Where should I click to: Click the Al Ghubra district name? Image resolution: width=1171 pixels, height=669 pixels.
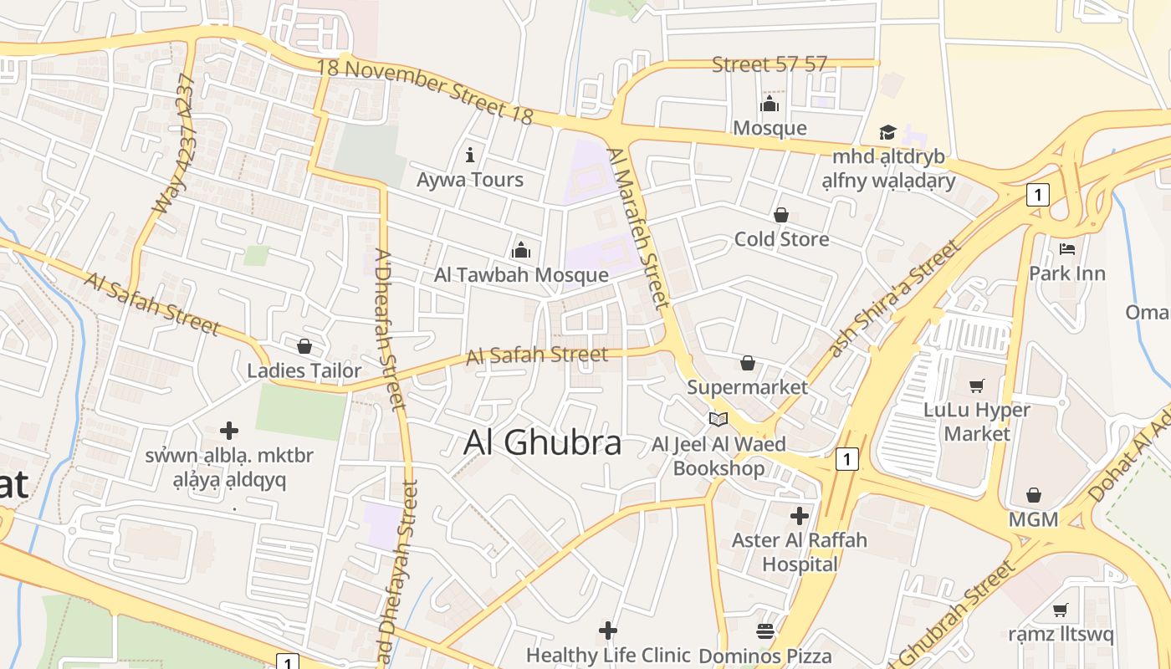tap(542, 443)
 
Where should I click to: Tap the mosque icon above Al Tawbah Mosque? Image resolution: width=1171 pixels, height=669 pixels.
tap(521, 249)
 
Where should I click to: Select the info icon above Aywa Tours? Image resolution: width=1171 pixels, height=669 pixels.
tap(470, 155)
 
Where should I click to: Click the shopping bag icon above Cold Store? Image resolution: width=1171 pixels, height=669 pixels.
tap(781, 215)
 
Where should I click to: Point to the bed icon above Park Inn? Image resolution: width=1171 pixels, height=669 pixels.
tap(1066, 248)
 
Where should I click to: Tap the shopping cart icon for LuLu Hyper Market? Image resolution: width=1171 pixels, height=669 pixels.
tap(976, 386)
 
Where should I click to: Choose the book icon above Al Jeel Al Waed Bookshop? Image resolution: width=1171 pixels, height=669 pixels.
tap(718, 419)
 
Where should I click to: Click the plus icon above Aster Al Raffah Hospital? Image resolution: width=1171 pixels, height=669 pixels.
tap(800, 515)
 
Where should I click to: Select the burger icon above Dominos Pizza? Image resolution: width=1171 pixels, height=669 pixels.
tap(765, 631)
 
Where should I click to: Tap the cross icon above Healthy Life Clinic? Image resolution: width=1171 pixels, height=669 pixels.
tap(608, 630)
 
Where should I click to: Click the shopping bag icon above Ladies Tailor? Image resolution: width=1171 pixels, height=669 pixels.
tap(304, 345)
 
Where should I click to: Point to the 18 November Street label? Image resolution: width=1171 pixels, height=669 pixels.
tap(425, 90)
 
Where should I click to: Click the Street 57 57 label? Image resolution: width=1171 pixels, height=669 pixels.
tap(769, 64)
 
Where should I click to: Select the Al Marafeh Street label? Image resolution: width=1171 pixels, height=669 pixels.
tap(639, 227)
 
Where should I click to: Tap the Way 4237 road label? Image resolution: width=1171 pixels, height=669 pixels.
tap(175, 144)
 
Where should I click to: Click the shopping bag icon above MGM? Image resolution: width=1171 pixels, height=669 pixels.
tap(1034, 494)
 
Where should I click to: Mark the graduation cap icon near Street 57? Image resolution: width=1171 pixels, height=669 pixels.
tap(887, 133)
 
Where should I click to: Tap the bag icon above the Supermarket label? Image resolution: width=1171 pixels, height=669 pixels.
tap(748, 363)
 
